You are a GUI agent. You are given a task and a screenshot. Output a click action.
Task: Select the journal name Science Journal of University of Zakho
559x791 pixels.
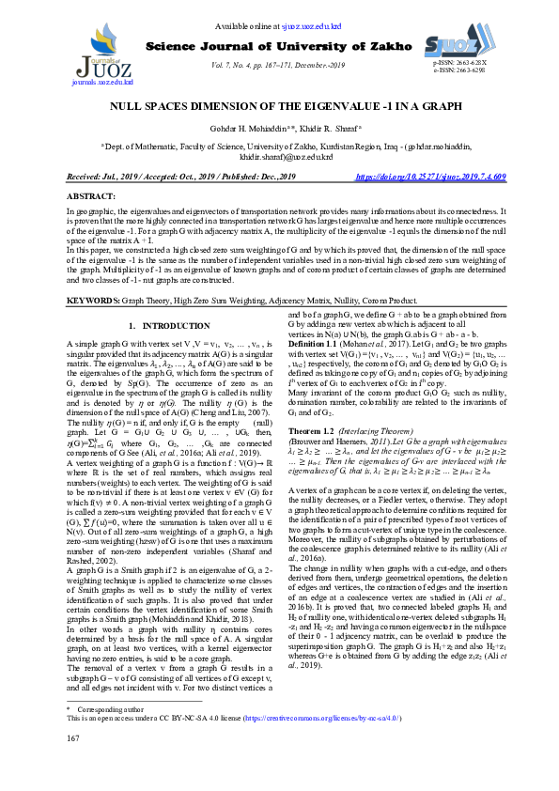[277, 46]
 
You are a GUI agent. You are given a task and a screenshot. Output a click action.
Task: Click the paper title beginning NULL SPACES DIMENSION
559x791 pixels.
[279, 107]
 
